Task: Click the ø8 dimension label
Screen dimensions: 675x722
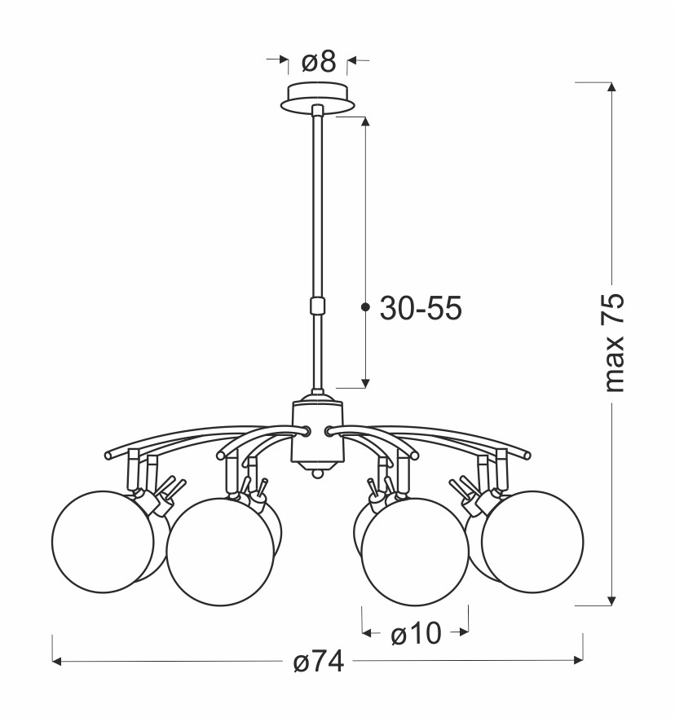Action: [319, 62]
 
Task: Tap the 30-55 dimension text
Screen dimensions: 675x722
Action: [421, 308]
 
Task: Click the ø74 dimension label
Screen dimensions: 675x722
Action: [319, 662]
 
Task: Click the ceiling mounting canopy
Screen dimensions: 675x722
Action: [318, 98]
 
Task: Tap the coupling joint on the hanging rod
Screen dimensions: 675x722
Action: [317, 306]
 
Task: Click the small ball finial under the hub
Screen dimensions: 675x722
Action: [317, 473]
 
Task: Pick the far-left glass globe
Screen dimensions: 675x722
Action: [102, 541]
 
